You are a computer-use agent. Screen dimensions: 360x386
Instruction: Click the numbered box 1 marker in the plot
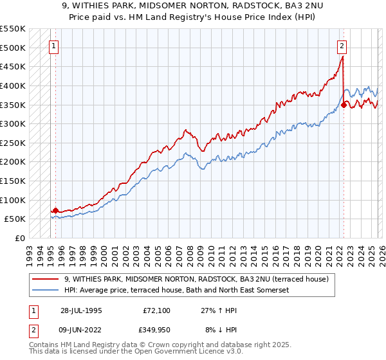pos(55,46)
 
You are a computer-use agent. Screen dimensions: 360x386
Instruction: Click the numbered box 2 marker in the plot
pos(342,46)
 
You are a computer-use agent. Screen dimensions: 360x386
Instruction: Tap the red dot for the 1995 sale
pos(55,210)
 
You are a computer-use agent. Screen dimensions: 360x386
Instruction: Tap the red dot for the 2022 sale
pos(344,105)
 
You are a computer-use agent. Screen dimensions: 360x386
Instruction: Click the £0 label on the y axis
pos(19,238)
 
